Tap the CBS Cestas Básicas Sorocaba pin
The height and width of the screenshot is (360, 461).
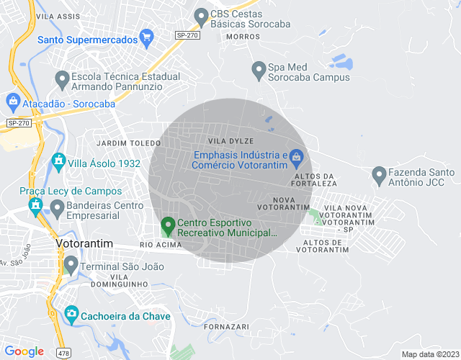click(201, 15)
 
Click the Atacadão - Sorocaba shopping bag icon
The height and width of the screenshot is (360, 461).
click(12, 102)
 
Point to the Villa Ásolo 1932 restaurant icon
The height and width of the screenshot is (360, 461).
click(58, 161)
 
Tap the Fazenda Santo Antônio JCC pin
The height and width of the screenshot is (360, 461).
click(378, 174)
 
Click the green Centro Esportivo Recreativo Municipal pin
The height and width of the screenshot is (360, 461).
click(168, 228)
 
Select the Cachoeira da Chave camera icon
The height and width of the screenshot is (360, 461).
click(71, 314)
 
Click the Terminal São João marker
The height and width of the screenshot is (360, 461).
click(71, 265)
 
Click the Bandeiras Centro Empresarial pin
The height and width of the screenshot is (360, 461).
click(57, 209)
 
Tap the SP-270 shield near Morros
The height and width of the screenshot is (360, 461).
click(188, 35)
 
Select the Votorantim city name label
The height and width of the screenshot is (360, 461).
click(84, 244)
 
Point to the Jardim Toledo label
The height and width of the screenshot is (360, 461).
click(128, 143)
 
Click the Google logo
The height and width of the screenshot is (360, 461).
click(24, 351)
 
